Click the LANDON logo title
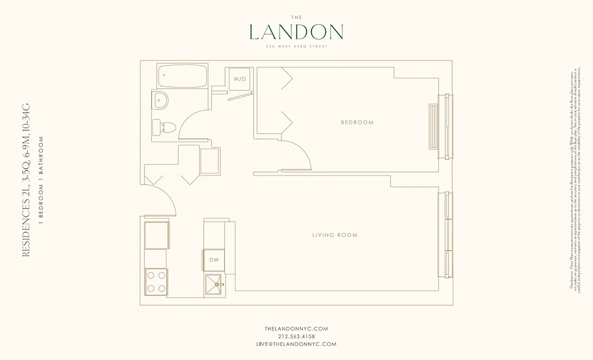click(x=296, y=32)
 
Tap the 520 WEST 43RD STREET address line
click(x=296, y=47)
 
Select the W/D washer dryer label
click(x=239, y=79)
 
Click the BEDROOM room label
click(x=357, y=122)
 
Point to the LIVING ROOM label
click(x=335, y=235)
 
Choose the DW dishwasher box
click(x=214, y=260)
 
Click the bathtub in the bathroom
click(x=182, y=76)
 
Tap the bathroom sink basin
click(x=160, y=100)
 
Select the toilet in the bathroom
click(x=163, y=126)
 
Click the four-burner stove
click(x=156, y=281)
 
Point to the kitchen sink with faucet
click(x=215, y=284)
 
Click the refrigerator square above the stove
click(x=157, y=235)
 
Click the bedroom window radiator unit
click(x=433, y=126)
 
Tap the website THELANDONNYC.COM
click(x=296, y=329)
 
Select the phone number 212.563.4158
click(x=296, y=337)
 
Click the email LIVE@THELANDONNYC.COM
click(x=296, y=344)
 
